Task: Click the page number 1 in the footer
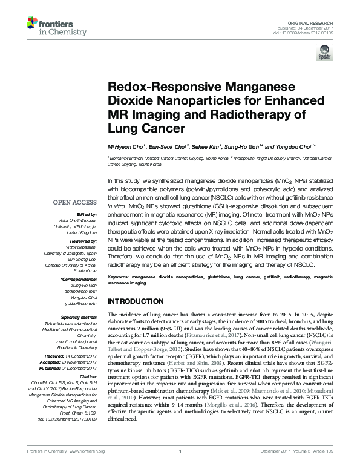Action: tap(180, 467)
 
